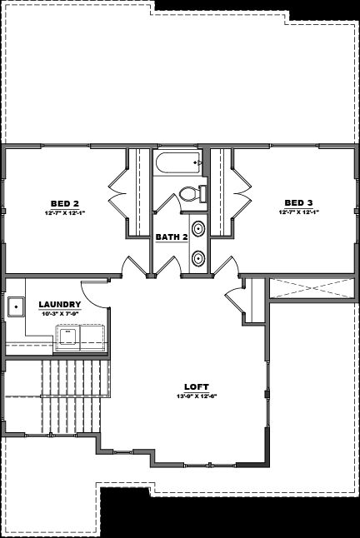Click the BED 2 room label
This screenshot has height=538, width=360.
[64, 203]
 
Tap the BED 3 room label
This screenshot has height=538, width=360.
[298, 202]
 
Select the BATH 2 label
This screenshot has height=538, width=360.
[172, 237]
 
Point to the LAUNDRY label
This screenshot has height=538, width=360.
[61, 304]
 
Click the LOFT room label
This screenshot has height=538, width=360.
[197, 386]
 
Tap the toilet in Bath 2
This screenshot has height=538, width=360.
[190, 194]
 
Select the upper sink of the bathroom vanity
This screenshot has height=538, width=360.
[200, 228]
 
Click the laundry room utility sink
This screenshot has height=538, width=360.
[17, 307]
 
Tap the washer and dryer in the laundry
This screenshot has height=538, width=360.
[81, 336]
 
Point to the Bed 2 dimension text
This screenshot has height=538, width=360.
[64, 212]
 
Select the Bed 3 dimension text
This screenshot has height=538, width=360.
[298, 212]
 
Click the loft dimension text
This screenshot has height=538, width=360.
[197, 396]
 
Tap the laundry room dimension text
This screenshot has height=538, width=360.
[61, 313]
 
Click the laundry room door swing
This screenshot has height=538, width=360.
[98, 291]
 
